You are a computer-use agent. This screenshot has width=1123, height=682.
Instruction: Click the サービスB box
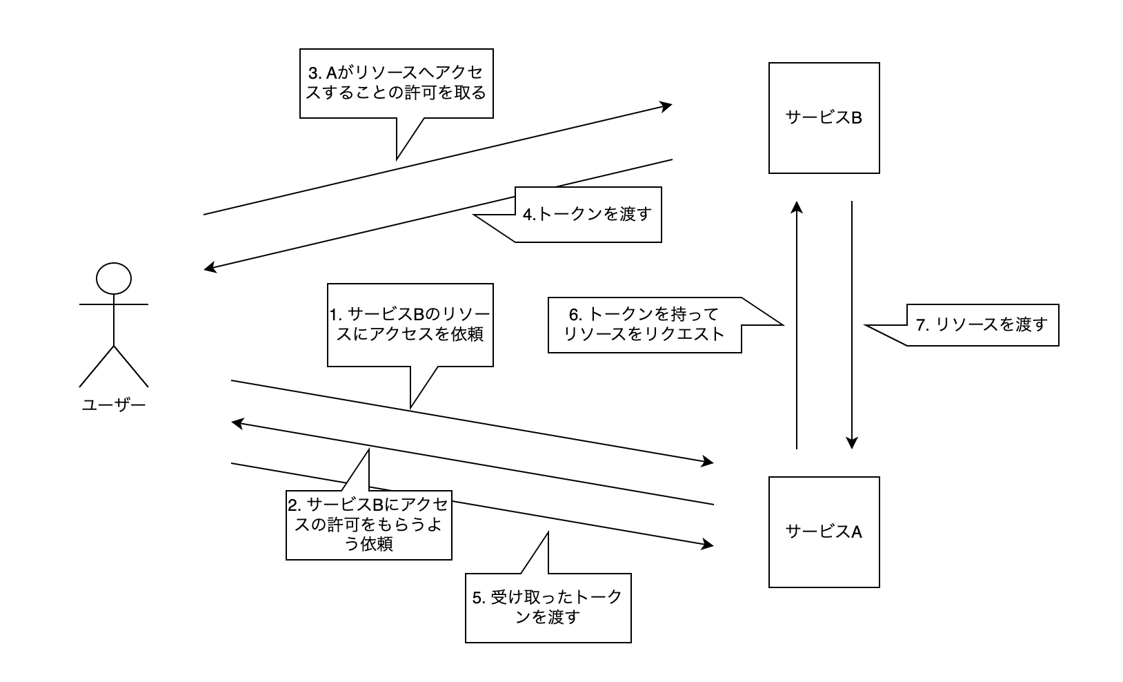pyautogui.click(x=824, y=117)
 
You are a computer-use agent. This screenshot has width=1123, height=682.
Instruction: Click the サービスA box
pyautogui.click(x=824, y=532)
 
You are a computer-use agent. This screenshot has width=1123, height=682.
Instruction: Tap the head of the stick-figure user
pyautogui.click(x=114, y=278)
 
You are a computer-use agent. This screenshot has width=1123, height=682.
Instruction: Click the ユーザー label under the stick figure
pyautogui.click(x=114, y=405)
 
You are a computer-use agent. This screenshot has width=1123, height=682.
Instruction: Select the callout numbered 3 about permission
pyautogui.click(x=397, y=83)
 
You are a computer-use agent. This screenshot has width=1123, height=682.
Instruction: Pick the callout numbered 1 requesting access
pyautogui.click(x=410, y=324)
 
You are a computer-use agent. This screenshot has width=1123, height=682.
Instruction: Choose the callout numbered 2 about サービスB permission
pyautogui.click(x=369, y=525)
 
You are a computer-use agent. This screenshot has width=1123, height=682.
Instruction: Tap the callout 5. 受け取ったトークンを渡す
pyautogui.click(x=548, y=607)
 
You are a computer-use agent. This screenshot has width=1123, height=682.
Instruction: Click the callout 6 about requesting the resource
pyautogui.click(x=645, y=325)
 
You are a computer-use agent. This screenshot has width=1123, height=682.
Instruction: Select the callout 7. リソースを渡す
pyautogui.click(x=980, y=324)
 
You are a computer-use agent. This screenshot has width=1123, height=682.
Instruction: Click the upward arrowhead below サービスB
pyautogui.click(x=797, y=207)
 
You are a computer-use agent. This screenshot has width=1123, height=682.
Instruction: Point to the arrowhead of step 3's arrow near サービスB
pyautogui.click(x=666, y=106)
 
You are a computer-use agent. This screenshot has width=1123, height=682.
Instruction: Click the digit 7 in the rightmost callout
pyautogui.click(x=920, y=325)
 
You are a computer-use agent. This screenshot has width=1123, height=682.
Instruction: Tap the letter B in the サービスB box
pyautogui.click(x=855, y=117)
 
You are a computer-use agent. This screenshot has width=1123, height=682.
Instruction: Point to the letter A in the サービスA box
pyautogui.click(x=855, y=532)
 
